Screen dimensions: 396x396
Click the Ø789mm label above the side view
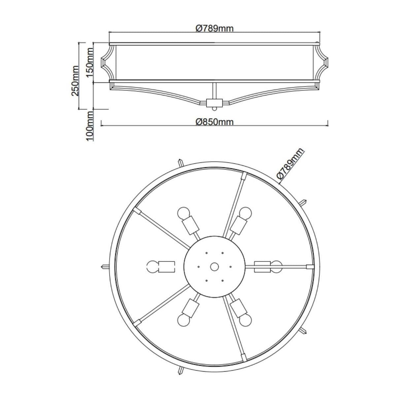pos(214,29)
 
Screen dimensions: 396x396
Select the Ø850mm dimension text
pos(214,122)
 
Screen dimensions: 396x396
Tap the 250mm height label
pos(75,81)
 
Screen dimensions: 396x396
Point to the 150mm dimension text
pos(90,62)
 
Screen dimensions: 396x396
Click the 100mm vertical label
pos(90,126)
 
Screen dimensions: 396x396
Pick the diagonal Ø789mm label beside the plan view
pos(290,166)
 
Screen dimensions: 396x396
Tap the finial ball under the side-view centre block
pos(214,109)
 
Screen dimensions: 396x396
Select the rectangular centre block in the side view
pos(214,102)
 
